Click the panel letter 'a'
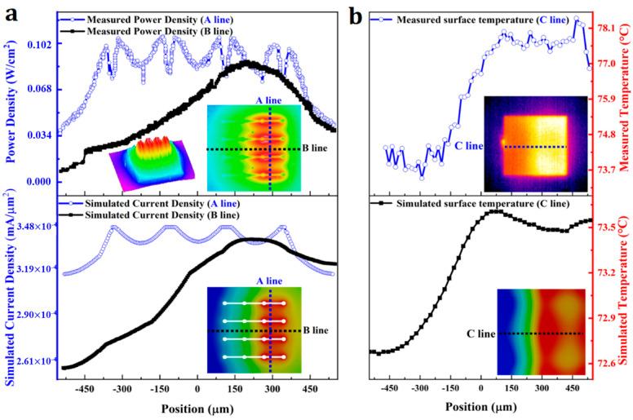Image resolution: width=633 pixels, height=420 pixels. pyautogui.click(x=11, y=15)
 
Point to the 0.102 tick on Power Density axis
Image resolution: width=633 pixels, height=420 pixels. pyautogui.click(x=38, y=46)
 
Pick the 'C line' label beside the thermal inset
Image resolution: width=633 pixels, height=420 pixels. pyautogui.click(x=470, y=146)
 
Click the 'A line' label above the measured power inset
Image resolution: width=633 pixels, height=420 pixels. pyautogui.click(x=268, y=99)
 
